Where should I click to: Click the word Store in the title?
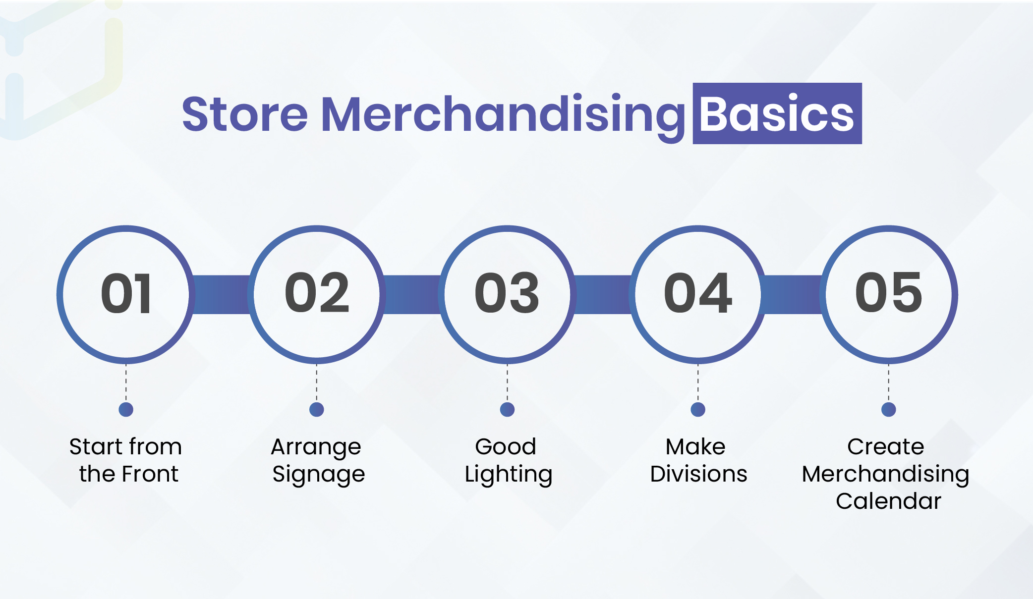pos(245,114)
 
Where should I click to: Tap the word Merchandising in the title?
pos(504,117)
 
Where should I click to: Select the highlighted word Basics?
pos(777,114)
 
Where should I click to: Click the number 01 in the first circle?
pos(126,294)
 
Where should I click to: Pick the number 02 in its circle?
pos(317,293)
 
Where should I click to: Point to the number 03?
pos(507,293)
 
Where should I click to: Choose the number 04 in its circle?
pos(698,293)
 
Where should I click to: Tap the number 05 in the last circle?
pos(889,293)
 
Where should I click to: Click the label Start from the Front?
pos(126,460)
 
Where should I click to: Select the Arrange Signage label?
pos(317,461)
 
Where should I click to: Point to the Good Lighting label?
pos(508,461)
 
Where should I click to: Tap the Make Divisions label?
pos(698,460)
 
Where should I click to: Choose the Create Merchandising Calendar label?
pos(886,474)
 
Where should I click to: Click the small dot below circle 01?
pos(126,409)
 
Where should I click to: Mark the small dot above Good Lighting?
pos(507,409)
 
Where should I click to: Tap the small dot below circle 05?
pos(889,409)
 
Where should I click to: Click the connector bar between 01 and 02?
pos(221,294)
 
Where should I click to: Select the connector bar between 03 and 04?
pos(603,294)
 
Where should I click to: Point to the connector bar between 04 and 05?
pos(793,294)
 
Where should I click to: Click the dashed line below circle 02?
pos(317,383)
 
